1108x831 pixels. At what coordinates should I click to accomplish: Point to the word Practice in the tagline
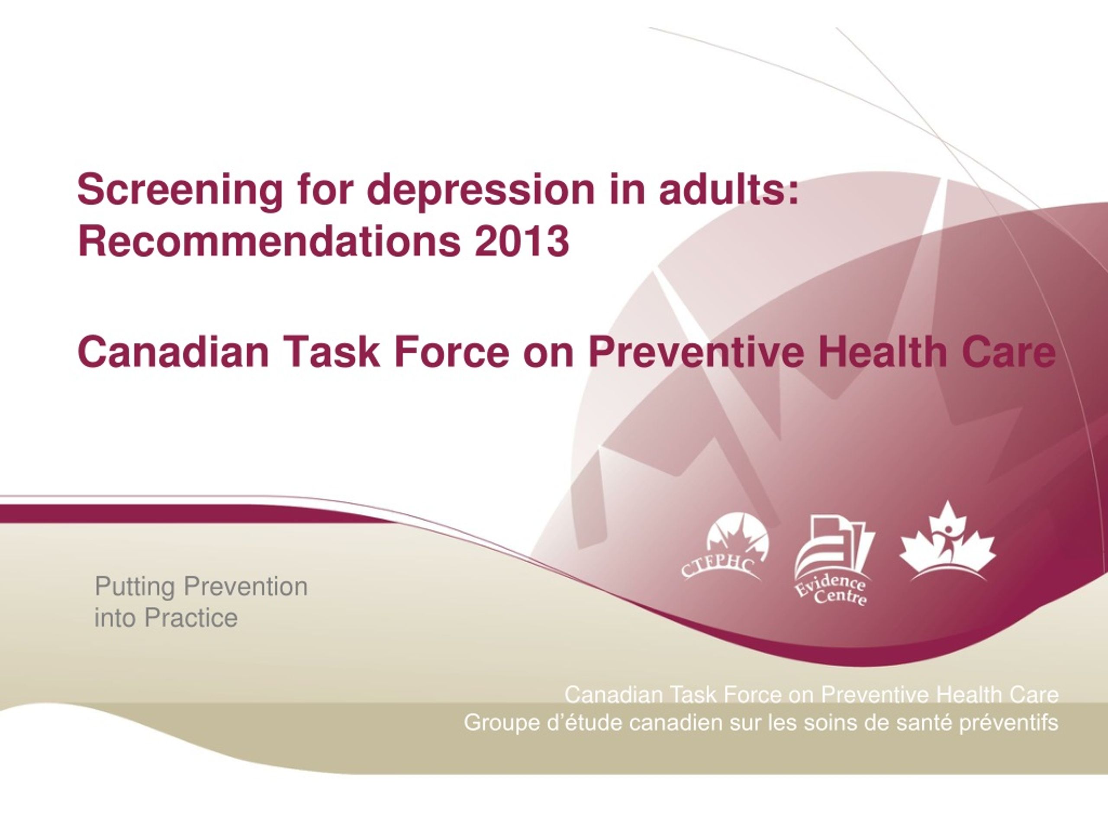point(191,618)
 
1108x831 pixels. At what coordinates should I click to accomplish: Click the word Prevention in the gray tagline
point(246,586)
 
